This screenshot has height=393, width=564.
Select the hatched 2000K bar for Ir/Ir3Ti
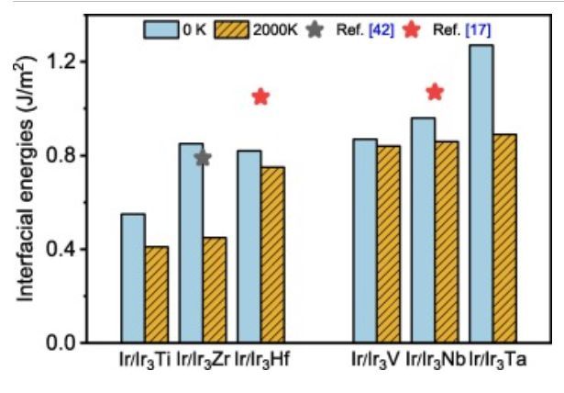[157, 294]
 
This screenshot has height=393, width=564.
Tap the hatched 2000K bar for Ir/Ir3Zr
[215, 289]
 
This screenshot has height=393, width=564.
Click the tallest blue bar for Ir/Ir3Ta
[481, 193]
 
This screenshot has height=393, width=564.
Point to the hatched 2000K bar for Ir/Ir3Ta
[504, 238]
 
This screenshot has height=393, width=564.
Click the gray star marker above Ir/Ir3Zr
[203, 158]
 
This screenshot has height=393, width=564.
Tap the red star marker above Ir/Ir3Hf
[260, 96]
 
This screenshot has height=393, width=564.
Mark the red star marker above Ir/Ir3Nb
[435, 92]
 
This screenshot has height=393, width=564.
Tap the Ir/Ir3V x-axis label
[376, 364]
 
